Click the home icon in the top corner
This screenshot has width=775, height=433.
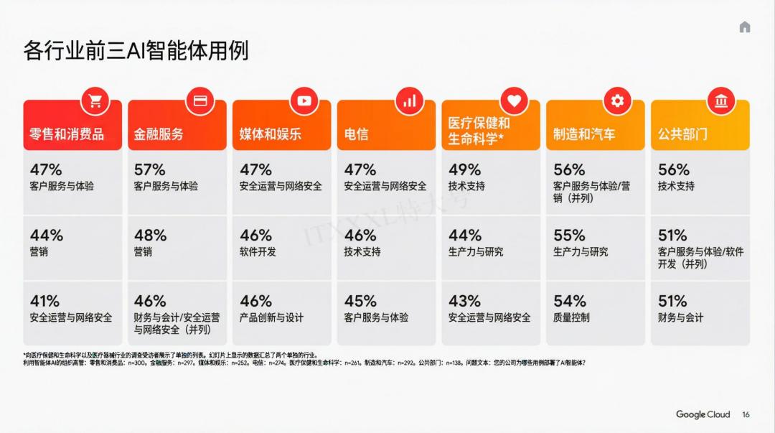click(745, 27)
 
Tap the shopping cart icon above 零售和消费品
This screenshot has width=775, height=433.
click(95, 101)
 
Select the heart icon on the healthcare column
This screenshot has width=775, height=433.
click(514, 101)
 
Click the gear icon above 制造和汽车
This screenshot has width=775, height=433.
click(617, 101)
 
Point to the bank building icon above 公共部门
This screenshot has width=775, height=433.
click(721, 101)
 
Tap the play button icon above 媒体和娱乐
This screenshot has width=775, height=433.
click(304, 101)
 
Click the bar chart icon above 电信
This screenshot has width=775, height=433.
click(409, 101)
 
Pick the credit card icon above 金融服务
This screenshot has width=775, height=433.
click(200, 101)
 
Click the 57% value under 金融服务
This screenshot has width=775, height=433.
click(149, 170)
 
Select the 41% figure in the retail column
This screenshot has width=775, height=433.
click(44, 301)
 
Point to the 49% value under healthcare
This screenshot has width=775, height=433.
click(464, 170)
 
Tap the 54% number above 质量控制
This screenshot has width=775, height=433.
click(569, 301)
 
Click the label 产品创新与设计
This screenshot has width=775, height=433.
click(271, 317)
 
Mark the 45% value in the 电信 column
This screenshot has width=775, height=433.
click(360, 301)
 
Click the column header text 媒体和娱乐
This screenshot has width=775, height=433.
click(270, 134)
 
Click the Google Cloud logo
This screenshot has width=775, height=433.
click(703, 414)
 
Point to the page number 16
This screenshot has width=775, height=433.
click(746, 415)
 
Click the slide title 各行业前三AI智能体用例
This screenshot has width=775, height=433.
click(136, 52)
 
